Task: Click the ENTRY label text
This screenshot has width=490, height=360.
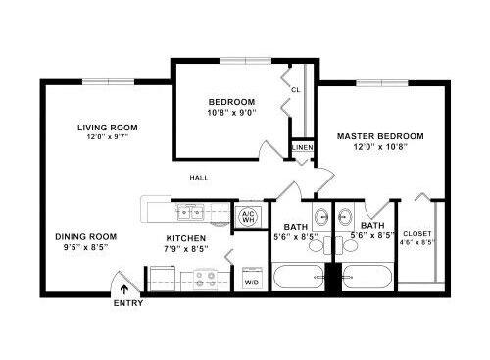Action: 128,303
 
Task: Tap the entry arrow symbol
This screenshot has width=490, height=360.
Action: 124,290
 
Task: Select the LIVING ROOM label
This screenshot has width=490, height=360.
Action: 108,128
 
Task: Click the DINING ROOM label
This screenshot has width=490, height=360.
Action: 86,236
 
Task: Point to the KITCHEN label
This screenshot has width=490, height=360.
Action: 186,238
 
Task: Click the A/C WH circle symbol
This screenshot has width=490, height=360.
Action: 249,217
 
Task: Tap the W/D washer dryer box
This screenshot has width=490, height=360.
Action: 252,279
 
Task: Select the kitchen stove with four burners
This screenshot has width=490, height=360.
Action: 206,280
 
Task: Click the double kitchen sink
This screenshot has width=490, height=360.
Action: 190,212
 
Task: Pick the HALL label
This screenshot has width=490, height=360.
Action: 199,178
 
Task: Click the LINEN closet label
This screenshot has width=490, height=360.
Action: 303,147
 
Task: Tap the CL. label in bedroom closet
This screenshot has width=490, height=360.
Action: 296,90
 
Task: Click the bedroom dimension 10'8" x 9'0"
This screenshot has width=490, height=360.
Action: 231,113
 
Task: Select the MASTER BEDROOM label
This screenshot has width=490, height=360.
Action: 380,136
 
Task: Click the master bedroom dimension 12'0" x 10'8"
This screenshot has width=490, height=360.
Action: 380,147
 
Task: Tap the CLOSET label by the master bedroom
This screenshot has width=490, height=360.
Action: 417,234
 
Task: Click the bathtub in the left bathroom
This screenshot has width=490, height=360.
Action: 299,278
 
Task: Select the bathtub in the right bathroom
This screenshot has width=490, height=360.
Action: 367,278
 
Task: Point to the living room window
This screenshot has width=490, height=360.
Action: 108,82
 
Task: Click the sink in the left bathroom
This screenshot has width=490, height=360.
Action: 321,216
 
